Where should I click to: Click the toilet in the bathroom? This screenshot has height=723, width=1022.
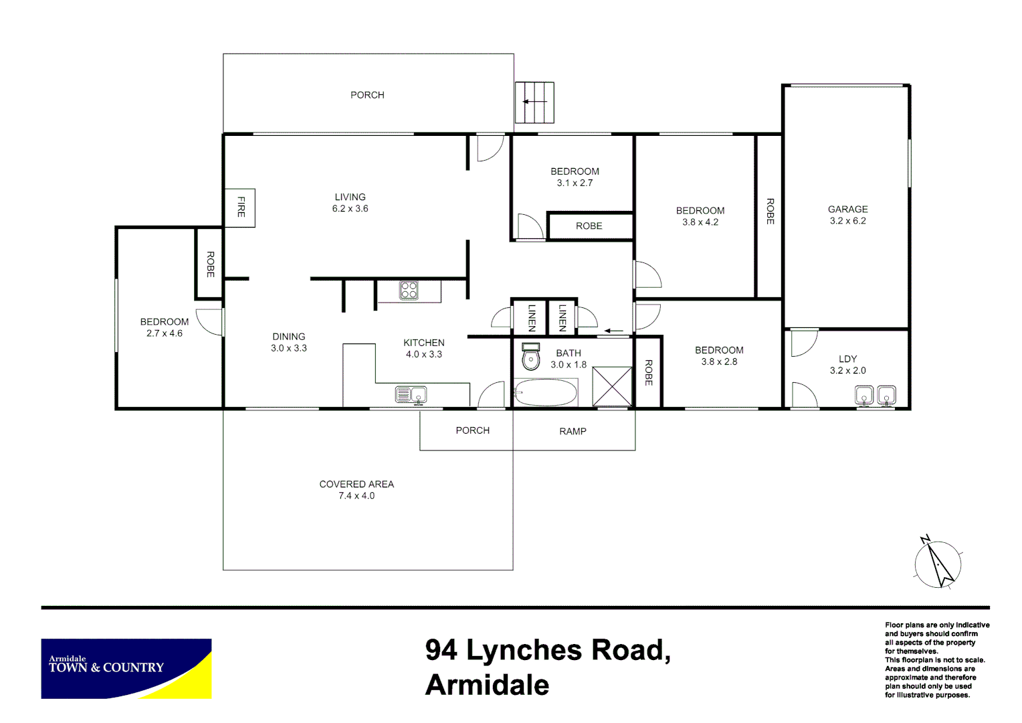(x=530, y=357)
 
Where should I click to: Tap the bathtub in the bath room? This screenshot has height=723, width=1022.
(x=546, y=393)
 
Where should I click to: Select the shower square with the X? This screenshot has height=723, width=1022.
(x=612, y=386)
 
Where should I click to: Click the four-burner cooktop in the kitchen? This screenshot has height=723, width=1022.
(x=409, y=290)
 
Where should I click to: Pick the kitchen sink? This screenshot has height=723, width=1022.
(x=411, y=395)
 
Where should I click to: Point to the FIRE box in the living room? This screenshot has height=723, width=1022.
(x=240, y=208)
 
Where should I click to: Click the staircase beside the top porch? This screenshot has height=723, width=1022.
(x=534, y=102)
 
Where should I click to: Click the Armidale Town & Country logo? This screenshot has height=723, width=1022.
(x=126, y=668)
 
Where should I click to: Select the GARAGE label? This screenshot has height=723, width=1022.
(x=847, y=210)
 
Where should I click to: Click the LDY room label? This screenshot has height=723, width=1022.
(x=847, y=359)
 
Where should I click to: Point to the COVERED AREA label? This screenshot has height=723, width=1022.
(x=356, y=484)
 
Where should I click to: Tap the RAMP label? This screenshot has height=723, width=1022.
(x=573, y=431)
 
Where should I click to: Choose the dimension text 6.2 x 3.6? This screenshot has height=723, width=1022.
(x=350, y=209)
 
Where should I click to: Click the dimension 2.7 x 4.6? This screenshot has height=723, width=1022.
(x=165, y=333)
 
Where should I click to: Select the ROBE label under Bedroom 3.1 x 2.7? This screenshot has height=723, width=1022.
(x=589, y=226)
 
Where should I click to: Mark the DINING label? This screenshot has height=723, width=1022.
(x=289, y=337)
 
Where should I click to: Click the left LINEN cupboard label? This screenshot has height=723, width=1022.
(x=532, y=317)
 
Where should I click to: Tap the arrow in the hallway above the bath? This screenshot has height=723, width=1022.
(x=613, y=331)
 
